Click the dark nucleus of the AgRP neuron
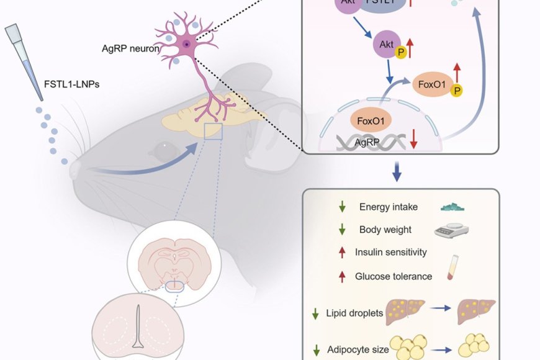pos(186,43)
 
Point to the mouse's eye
pos(163,148)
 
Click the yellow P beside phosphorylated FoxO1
pos(457,91)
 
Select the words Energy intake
pos(389,207)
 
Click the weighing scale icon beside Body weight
pos(451,230)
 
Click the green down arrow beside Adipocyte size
pos(316,351)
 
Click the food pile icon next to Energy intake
pos(453,207)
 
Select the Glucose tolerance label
pos(394,276)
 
